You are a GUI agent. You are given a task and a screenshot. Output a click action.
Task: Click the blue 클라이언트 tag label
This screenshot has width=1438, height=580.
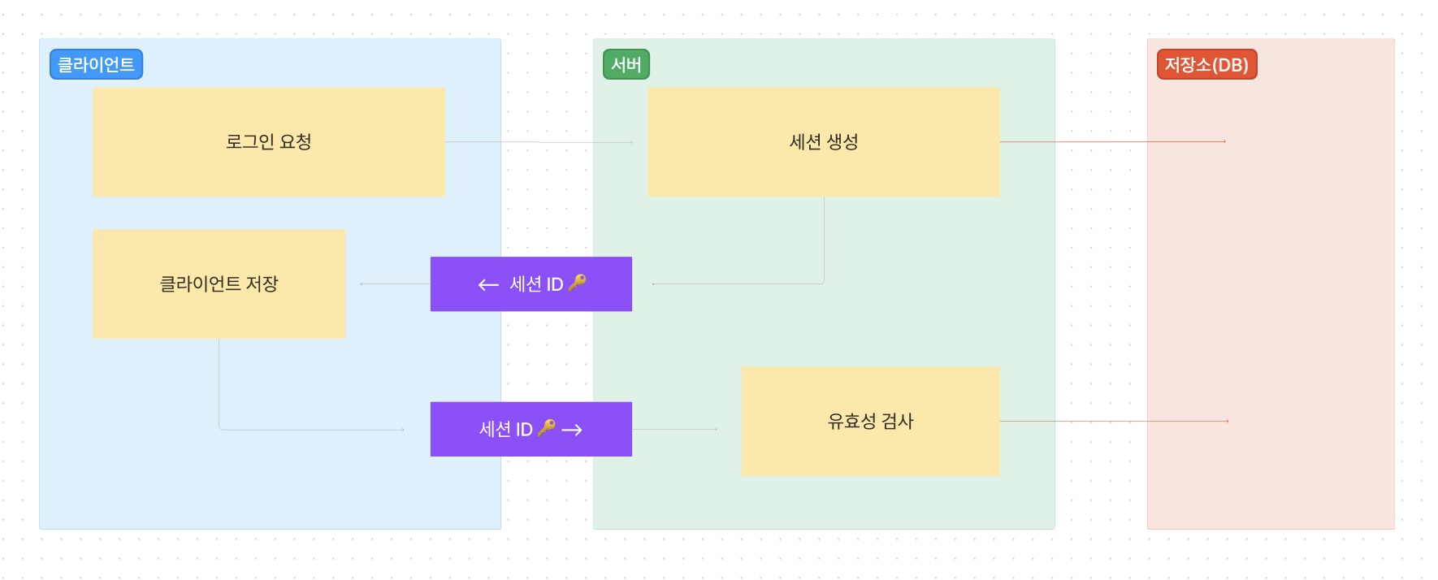tap(96, 65)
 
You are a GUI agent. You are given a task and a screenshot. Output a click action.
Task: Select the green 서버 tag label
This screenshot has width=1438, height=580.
tap(626, 65)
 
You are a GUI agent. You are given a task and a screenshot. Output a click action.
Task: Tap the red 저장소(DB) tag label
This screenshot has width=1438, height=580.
tap(1206, 65)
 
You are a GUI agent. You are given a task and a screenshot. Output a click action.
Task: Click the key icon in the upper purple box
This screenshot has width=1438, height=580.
tap(577, 283)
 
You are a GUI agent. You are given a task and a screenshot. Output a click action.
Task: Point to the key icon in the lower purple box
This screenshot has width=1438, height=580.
tap(547, 427)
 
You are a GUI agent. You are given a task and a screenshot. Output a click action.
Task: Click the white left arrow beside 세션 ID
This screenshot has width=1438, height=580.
tap(488, 284)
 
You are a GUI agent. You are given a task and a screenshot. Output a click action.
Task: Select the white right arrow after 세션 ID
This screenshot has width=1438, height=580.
tap(572, 430)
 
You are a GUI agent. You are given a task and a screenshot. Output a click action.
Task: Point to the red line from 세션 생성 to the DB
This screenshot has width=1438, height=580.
tap(1113, 142)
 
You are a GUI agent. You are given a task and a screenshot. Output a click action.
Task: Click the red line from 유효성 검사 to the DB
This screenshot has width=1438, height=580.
tap(1113, 421)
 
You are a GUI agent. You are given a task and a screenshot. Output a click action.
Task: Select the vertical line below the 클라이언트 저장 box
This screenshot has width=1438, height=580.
tap(219, 382)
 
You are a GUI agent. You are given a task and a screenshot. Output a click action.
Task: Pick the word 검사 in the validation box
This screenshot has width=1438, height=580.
tap(898, 422)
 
